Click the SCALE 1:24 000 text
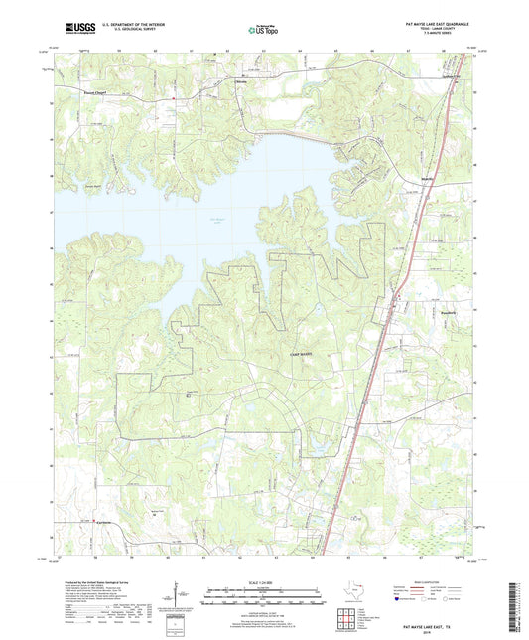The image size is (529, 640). click(x=263, y=582)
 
